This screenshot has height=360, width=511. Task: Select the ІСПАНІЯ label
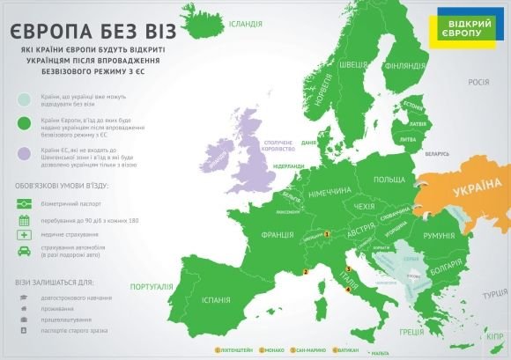[x=214, y=300]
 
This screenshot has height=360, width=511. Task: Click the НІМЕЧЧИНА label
[x=329, y=191]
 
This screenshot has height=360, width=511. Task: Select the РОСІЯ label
[x=478, y=82]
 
